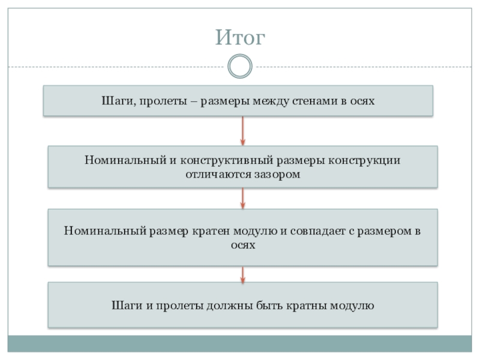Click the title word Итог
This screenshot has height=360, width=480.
point(240,39)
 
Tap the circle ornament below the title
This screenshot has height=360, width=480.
point(240,66)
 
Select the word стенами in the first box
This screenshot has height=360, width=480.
point(313,101)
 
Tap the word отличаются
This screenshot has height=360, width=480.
point(220,174)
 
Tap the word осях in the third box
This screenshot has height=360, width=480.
point(242,245)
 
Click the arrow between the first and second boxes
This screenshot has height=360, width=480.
point(242,131)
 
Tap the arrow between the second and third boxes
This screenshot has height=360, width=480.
point(242,198)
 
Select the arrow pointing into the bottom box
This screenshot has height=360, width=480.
point(242,274)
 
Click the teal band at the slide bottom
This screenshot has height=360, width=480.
point(240,344)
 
